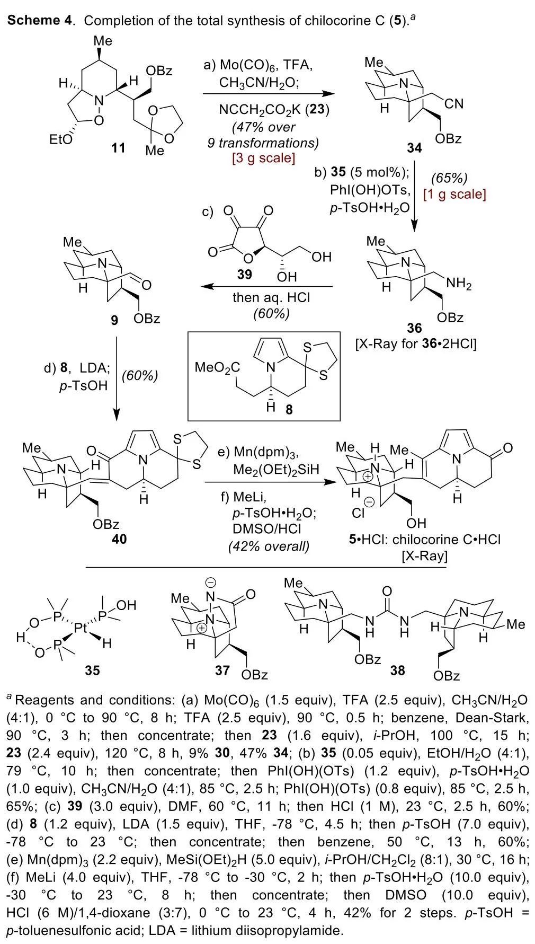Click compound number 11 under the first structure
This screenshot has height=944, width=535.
(118, 147)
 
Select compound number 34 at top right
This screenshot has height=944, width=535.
(414, 148)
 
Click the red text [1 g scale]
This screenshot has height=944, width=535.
(454, 194)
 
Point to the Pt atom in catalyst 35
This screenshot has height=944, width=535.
(80, 629)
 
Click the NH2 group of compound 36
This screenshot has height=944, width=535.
(458, 284)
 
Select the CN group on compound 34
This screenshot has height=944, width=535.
(454, 104)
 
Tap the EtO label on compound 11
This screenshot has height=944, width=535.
(60, 141)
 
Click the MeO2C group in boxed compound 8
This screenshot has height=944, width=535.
(217, 366)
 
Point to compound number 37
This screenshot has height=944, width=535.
(222, 670)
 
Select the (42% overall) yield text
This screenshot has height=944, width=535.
(269, 546)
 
